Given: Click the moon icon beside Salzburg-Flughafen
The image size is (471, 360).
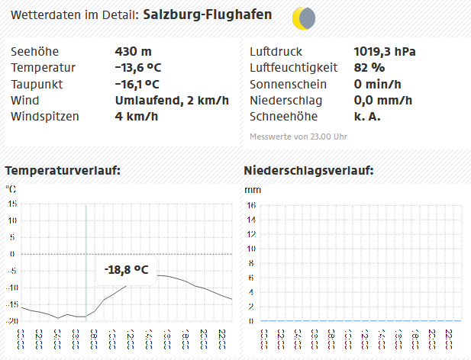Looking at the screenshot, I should click(304, 17).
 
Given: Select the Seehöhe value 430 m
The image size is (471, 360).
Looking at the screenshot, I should click(133, 52).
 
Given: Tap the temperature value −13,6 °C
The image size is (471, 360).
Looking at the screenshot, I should click(137, 68).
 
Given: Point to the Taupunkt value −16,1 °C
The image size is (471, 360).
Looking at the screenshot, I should click(137, 84).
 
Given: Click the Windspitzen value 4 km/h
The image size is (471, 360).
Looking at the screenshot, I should click(136, 116).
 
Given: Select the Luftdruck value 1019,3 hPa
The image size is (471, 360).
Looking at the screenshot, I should click(385, 52).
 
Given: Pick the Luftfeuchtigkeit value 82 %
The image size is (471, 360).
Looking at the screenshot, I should click(369, 68).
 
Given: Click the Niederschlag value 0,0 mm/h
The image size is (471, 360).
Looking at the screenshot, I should click(383, 100).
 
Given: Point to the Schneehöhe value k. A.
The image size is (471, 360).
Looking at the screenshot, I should click(367, 116).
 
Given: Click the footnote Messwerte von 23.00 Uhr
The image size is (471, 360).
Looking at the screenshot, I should click(298, 137).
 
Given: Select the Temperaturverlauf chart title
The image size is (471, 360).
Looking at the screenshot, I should click(63, 170).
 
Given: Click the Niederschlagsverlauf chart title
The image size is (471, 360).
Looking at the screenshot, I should click(308, 170).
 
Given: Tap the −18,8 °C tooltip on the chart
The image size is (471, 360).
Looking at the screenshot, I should click(126, 269).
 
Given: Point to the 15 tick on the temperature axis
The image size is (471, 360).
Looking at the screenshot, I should click(12, 204).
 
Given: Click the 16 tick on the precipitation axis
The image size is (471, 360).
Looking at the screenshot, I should click(251, 205).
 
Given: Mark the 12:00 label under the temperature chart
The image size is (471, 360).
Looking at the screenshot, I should click(131, 339).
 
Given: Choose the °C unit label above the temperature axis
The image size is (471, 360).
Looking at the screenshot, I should click(11, 188).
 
